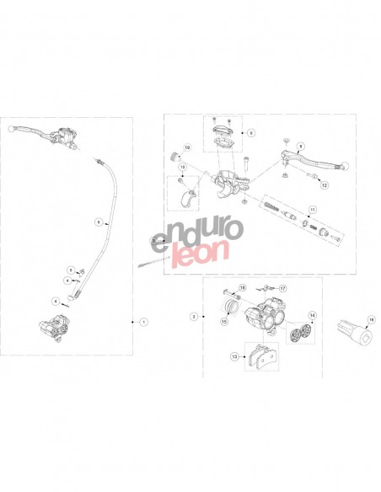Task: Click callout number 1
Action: point(144,322)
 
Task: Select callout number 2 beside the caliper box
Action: point(194,317)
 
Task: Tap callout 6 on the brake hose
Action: point(98,222)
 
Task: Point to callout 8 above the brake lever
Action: point(300,146)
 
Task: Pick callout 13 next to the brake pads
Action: point(233,357)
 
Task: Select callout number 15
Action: point(225,321)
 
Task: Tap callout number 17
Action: point(283,289)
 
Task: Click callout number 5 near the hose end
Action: point(72,270)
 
